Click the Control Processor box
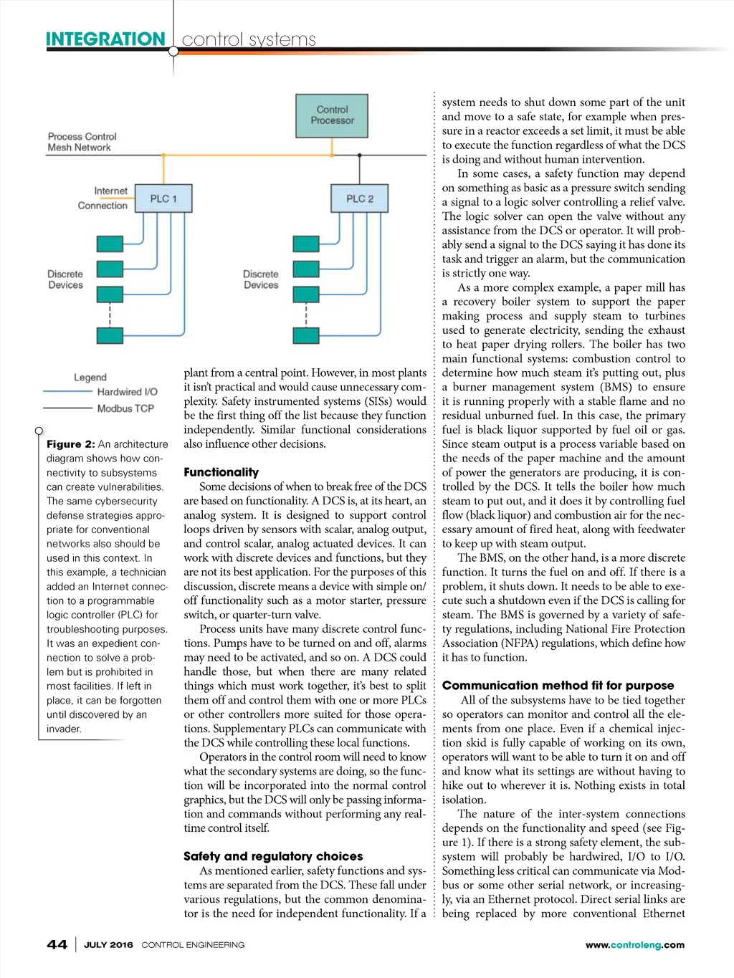332,115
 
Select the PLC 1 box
163,198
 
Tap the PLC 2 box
359,198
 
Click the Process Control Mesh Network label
82,142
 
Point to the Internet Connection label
103,198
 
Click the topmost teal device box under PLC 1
110,244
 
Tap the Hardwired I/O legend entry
127,392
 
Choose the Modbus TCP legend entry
125,408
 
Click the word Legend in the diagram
90,378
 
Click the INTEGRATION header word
105,39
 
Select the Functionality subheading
221,472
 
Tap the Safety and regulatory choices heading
273,856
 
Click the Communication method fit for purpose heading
558,686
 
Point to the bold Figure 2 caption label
70,444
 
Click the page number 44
57,945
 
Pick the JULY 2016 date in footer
108,945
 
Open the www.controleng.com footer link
634,945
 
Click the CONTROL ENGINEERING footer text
193,945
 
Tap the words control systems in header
249,39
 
